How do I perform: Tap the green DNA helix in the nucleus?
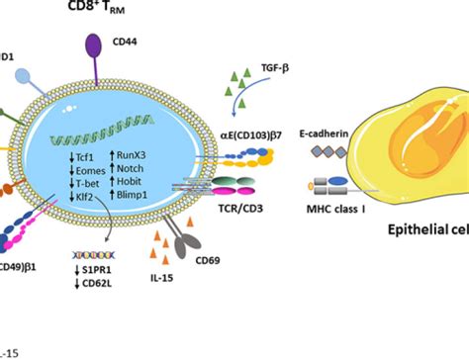coord(125,130)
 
